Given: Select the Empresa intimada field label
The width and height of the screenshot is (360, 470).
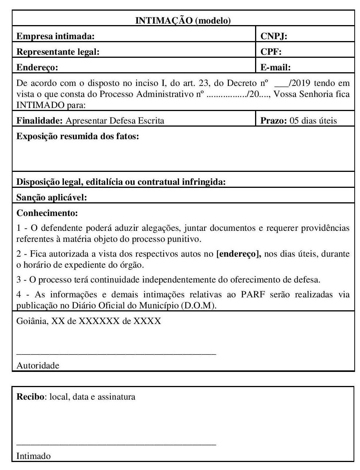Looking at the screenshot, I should pyautogui.click(x=56, y=37).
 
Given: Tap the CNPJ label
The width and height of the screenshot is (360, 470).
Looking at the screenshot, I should pyautogui.click(x=274, y=37).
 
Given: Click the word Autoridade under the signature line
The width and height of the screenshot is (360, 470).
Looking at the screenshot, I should pyautogui.click(x=38, y=366).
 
